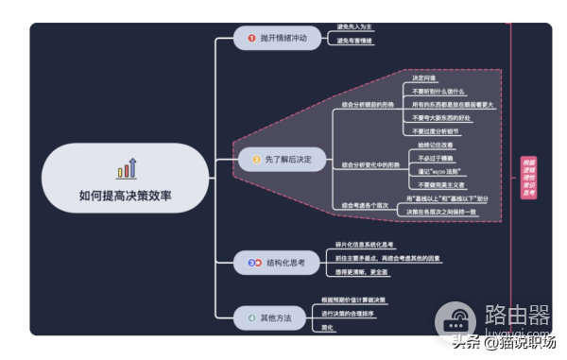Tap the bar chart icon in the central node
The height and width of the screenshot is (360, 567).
126,169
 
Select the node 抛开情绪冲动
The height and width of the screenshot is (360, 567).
278,38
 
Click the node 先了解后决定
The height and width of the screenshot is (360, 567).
283,159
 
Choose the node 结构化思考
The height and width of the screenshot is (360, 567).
278,262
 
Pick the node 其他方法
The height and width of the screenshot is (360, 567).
268,319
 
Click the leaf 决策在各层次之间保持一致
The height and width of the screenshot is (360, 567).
442,213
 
